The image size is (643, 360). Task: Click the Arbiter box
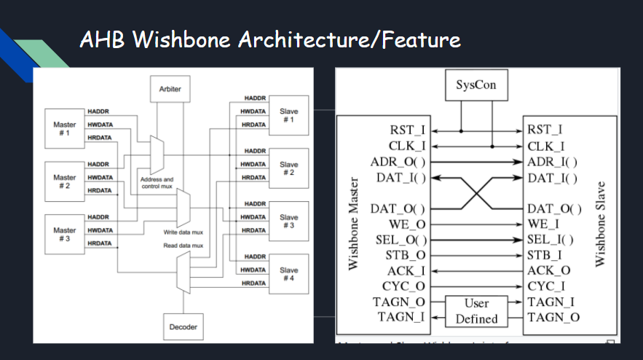point(170,89)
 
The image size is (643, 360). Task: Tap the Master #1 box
point(65,128)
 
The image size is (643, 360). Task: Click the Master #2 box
point(65,181)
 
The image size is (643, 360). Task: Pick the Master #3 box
point(65,234)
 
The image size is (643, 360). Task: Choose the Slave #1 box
point(288,115)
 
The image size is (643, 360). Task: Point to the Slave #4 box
point(288,274)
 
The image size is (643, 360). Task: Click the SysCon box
point(476,85)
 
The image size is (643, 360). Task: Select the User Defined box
point(476,310)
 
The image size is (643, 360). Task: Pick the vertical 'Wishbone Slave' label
point(600,222)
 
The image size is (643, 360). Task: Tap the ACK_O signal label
point(548,270)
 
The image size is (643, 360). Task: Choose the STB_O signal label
point(405,256)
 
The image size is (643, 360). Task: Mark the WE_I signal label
point(543,224)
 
